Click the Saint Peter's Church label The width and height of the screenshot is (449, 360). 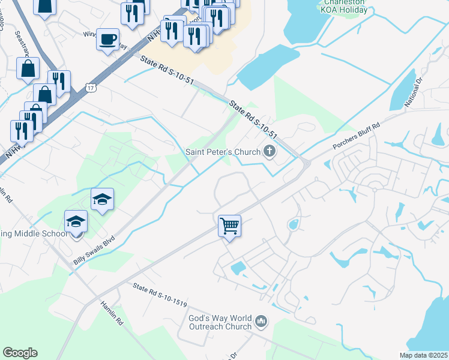click(x=223, y=151)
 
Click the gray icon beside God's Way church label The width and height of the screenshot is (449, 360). click(x=261, y=322)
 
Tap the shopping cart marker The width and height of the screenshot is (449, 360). click(x=229, y=226)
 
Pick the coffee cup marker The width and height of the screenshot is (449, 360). click(x=107, y=40)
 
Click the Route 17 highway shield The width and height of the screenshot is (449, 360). click(x=89, y=88)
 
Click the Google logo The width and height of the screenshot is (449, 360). click(x=20, y=353)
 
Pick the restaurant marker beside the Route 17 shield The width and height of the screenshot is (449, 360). click(x=59, y=82)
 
